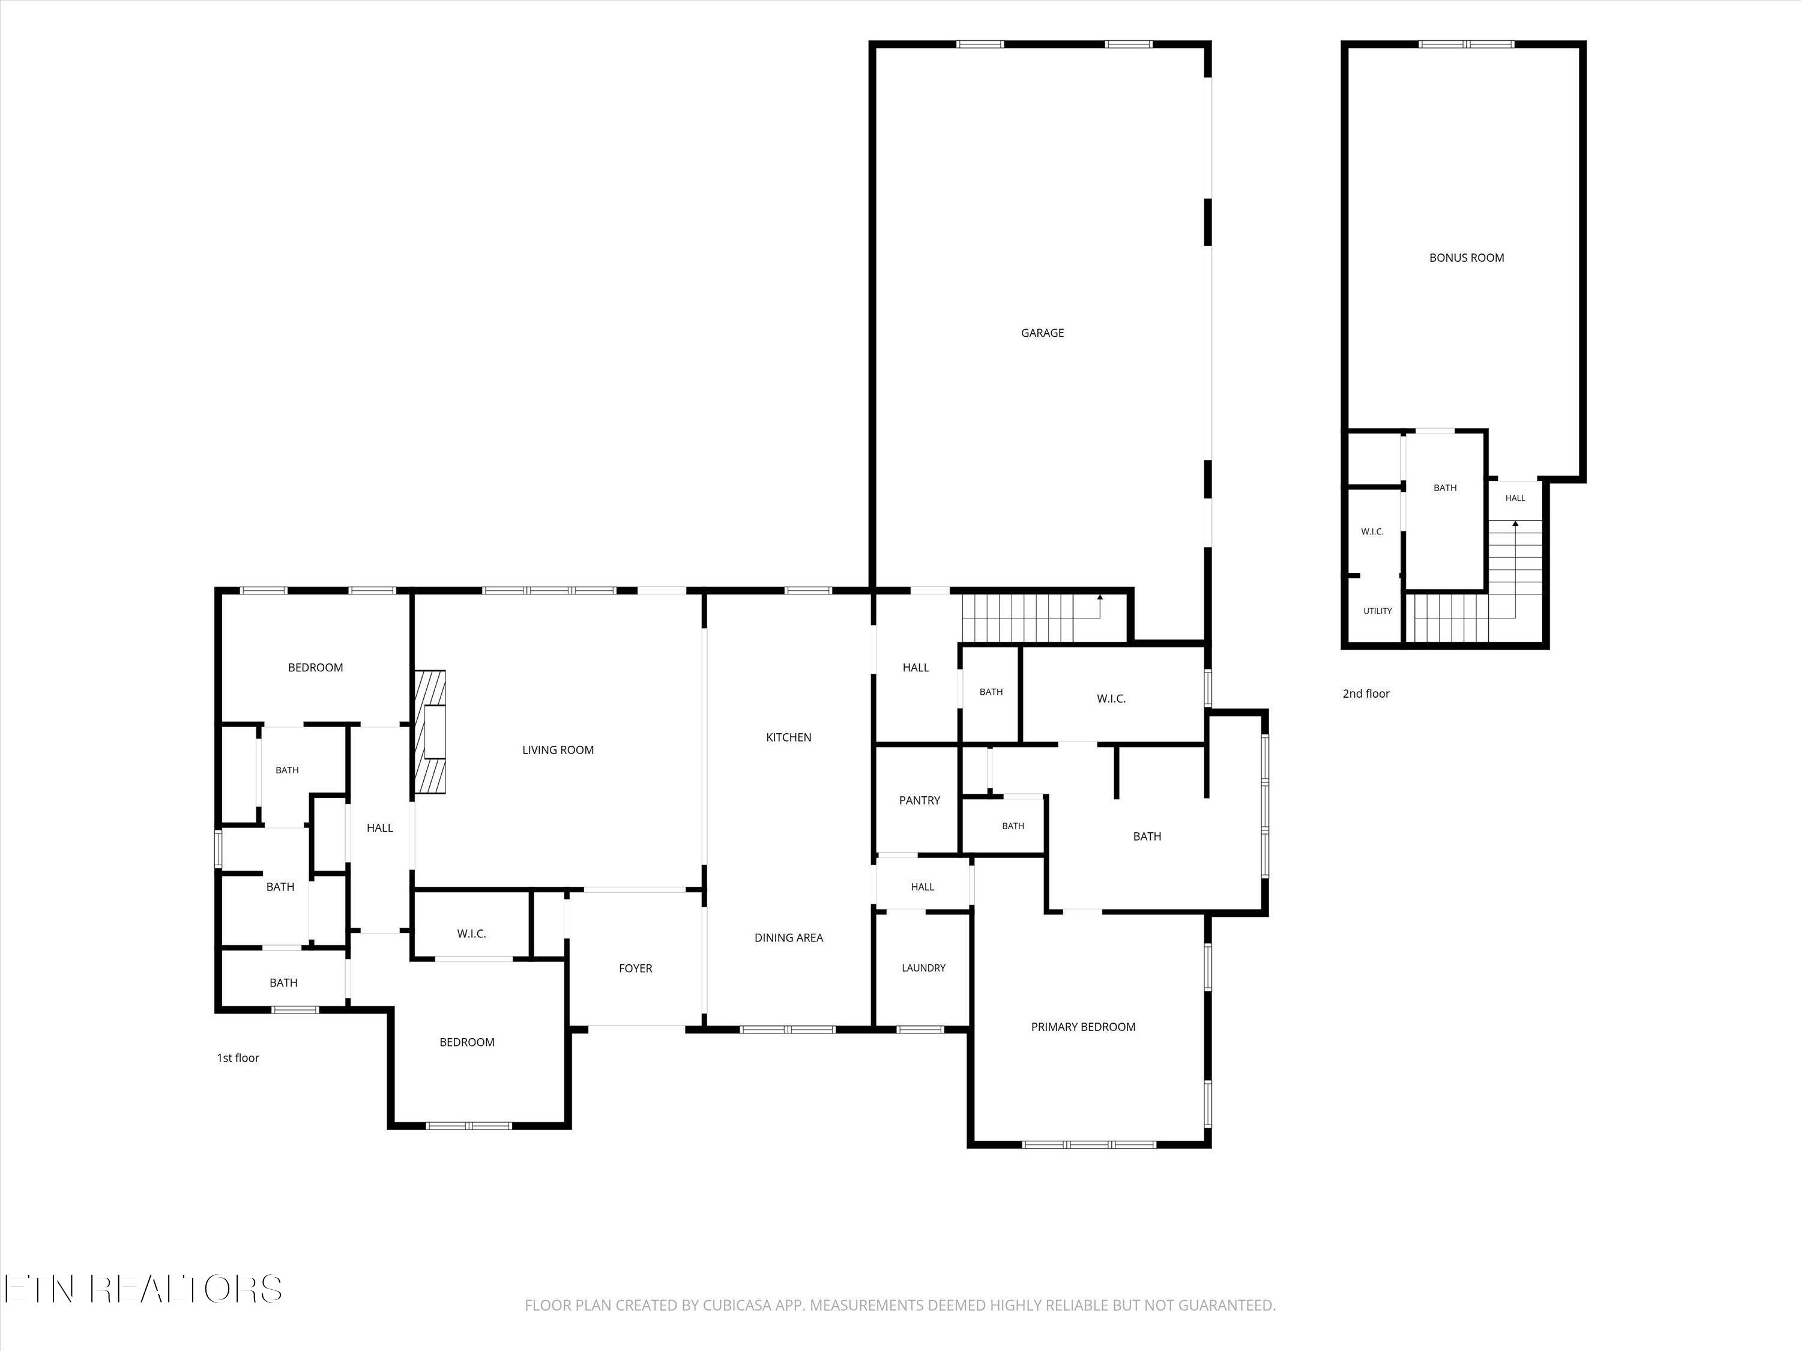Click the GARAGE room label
1042,332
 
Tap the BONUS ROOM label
1467,258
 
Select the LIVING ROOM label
558,750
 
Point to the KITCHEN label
788,737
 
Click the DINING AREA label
788,937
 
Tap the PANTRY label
919,800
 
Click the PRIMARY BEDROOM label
1083,1027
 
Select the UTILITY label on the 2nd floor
1378,611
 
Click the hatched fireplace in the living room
430,731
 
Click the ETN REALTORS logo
144,1289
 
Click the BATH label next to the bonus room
1445,488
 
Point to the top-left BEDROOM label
315,668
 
